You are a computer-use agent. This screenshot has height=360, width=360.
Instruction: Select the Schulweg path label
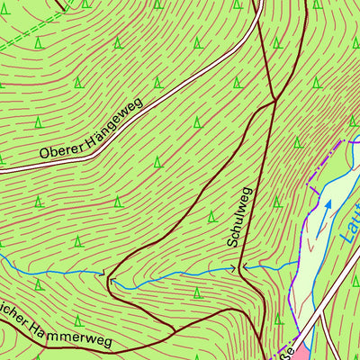[x=238, y=218]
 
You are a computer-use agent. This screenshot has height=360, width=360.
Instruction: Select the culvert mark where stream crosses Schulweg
[x=242, y=267]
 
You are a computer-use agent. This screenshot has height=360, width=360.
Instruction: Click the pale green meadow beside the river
[x=310, y=261]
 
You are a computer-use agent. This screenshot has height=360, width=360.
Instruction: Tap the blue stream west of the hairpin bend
[x=54, y=269]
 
